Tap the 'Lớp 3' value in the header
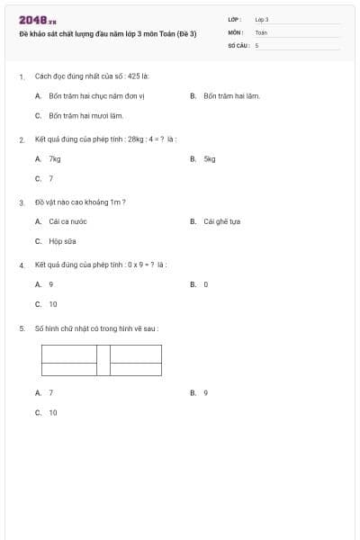click(262, 19)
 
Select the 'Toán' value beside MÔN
click(261, 31)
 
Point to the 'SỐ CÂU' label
click(238, 44)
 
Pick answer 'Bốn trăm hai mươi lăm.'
click(86, 115)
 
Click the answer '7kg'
click(55, 158)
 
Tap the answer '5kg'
click(210, 158)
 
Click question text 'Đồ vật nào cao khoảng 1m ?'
click(80, 202)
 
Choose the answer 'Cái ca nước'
click(66, 221)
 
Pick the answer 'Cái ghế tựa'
click(221, 221)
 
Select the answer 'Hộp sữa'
click(61, 241)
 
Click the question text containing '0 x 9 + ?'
click(101, 265)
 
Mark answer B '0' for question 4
click(206, 284)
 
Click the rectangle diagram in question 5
click(102, 360)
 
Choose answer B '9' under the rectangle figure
click(206, 392)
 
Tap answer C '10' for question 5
click(53, 412)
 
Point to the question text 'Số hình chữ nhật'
click(96, 328)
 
